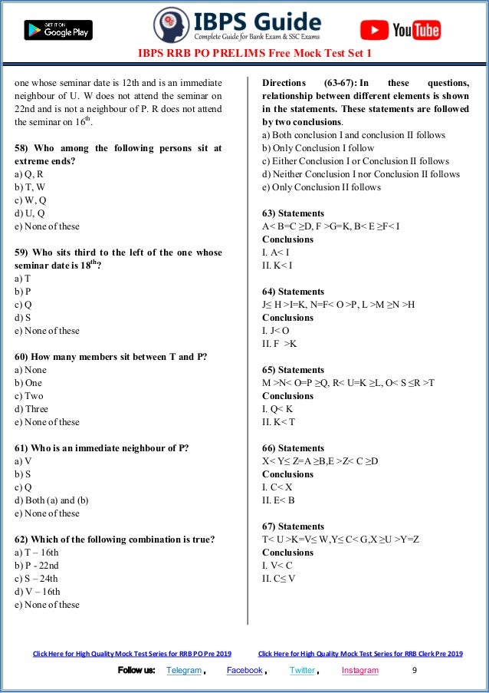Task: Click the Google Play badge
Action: coord(58,30)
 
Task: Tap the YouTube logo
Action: coord(400,30)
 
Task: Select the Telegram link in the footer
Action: coord(184,670)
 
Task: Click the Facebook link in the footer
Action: coord(244,670)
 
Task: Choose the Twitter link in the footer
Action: coord(301,670)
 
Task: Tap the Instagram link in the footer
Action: coord(359,670)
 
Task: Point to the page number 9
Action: coord(415,670)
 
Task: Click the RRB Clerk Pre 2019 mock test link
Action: coord(360,654)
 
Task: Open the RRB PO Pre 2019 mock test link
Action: coord(132,654)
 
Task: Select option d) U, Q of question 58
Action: coord(30,213)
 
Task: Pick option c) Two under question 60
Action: coord(29,396)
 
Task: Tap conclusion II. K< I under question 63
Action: coord(277,266)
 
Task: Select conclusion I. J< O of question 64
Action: coord(277,331)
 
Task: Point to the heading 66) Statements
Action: coord(293,448)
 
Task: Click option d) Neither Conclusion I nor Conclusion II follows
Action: coord(361,174)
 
